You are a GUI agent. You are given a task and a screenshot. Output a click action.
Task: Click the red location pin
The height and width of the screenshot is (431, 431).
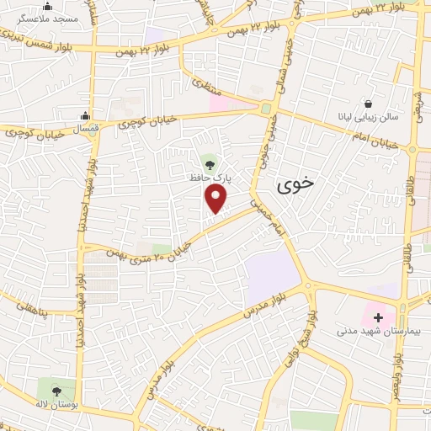click(x=216, y=199)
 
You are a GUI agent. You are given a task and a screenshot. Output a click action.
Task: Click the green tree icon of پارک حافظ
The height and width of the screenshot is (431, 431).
click(x=209, y=162)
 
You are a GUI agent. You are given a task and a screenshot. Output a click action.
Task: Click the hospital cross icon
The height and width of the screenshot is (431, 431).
click(x=378, y=318)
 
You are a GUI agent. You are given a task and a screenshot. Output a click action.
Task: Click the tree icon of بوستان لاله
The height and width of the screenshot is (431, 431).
click(x=56, y=391)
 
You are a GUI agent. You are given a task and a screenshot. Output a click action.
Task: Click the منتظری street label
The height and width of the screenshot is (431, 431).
click(x=205, y=85)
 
